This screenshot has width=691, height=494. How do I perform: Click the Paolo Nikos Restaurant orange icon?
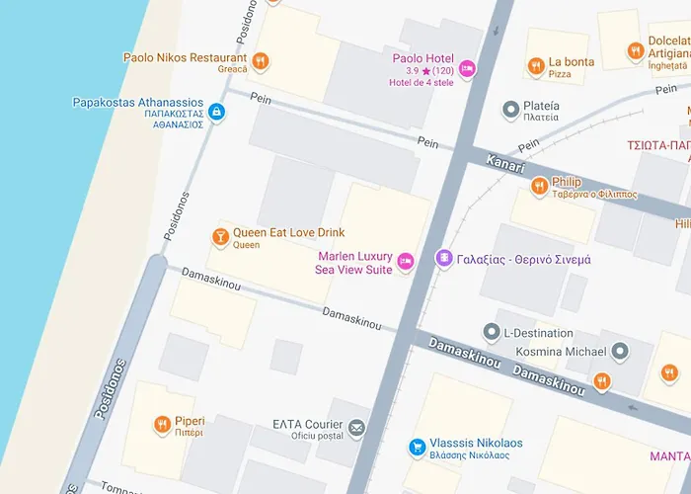[x=261, y=61]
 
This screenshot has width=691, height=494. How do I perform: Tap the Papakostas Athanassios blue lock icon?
[x=217, y=114]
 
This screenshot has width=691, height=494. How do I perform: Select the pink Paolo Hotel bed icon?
[x=467, y=68]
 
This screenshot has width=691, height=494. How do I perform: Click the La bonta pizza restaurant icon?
[x=535, y=66]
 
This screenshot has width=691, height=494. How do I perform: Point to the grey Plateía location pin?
[x=510, y=109]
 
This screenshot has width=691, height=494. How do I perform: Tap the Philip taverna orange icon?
[x=539, y=185]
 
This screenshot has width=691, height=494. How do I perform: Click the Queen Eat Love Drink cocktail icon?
[x=220, y=237]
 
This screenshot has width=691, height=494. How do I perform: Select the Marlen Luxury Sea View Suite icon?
[x=405, y=263]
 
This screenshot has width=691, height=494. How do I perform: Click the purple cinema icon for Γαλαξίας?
[x=444, y=258]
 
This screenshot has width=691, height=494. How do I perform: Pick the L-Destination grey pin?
[x=491, y=332]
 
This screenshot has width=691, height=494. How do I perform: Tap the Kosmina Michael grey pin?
[x=619, y=352]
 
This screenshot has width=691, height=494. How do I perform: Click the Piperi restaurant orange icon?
[x=162, y=425]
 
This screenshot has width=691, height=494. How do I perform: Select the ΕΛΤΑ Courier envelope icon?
[x=355, y=429]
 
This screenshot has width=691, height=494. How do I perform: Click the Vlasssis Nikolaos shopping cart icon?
[x=418, y=448]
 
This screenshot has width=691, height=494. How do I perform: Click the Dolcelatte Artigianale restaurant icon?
[x=635, y=51]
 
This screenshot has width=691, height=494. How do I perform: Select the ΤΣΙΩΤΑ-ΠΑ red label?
[x=657, y=144]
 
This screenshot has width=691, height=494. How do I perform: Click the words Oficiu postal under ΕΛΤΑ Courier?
[x=316, y=436]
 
